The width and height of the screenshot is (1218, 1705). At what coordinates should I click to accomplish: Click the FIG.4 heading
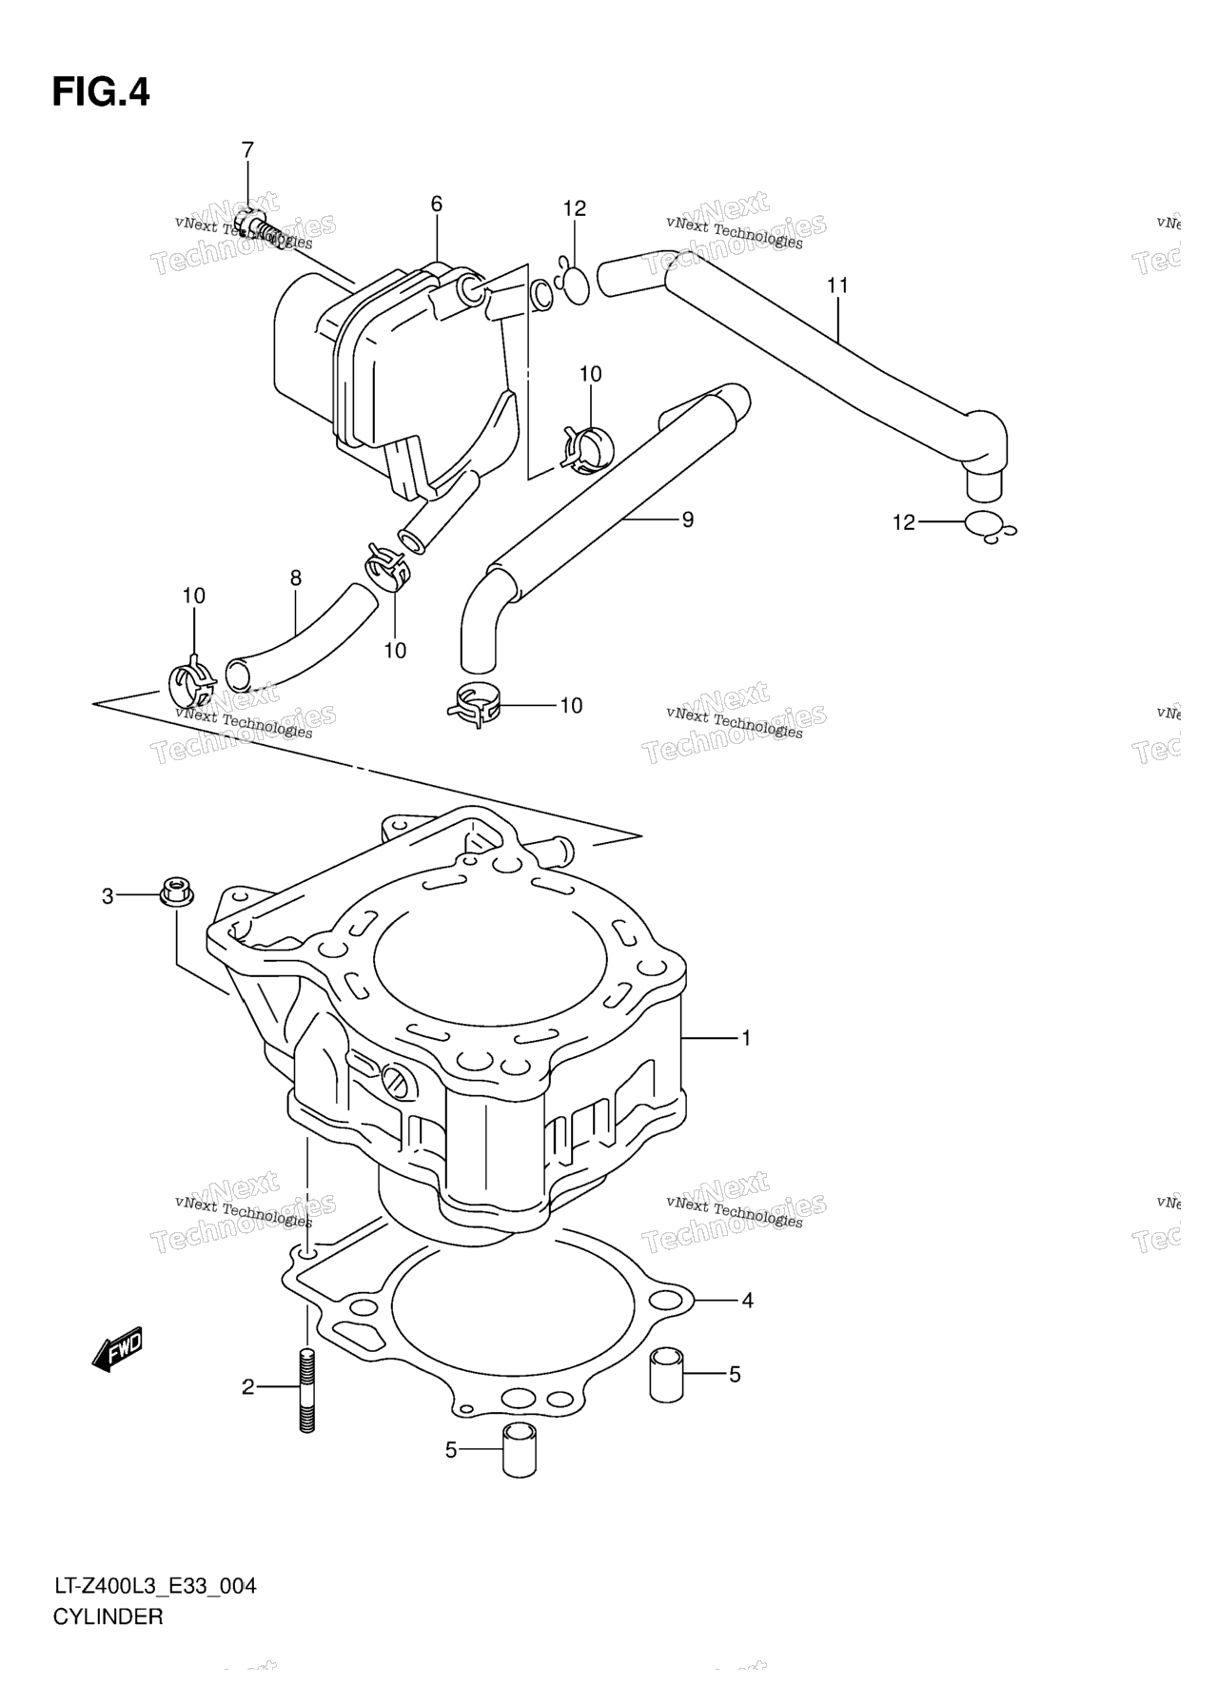101,92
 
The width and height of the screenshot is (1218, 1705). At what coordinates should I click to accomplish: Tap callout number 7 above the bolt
247,149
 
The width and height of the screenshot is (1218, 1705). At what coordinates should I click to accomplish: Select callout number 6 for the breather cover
437,204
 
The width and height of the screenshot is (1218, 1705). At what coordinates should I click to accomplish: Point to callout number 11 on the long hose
837,285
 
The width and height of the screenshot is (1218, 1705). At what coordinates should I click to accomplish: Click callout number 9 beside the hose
687,519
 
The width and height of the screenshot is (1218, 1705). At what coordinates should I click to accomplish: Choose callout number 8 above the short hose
296,578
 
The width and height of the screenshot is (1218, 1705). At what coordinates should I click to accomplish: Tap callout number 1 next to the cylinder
747,1038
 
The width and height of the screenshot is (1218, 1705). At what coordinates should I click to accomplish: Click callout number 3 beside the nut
108,896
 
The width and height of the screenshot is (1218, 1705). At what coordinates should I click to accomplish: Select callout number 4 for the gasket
748,1300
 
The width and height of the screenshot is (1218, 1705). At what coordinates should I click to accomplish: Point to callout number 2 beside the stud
248,1387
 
